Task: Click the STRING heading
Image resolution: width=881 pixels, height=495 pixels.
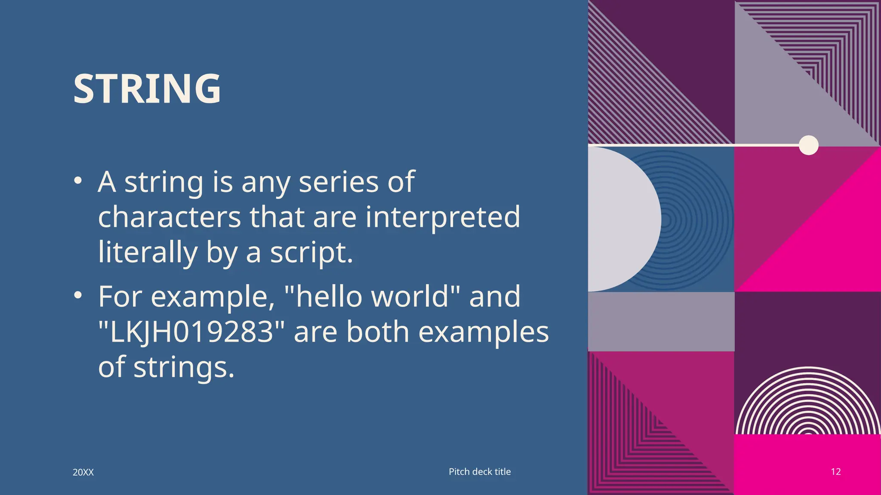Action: pyautogui.click(x=147, y=89)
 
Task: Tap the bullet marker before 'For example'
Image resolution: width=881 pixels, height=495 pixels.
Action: pyautogui.click(x=77, y=295)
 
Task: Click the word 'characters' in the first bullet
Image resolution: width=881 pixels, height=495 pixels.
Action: pyautogui.click(x=169, y=217)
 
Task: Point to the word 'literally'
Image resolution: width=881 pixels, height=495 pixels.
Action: pyautogui.click(x=148, y=253)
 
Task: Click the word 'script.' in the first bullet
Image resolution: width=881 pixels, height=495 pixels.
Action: pyautogui.click(x=311, y=254)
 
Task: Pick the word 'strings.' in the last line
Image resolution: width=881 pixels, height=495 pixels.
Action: pyautogui.click(x=184, y=368)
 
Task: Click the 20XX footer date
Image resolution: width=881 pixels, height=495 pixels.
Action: pyautogui.click(x=83, y=472)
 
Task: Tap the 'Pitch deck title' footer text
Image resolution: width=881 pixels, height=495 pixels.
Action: pyautogui.click(x=480, y=471)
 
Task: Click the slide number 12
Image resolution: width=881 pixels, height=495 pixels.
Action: pyautogui.click(x=835, y=472)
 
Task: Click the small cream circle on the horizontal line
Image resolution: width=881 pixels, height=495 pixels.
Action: pyautogui.click(x=808, y=145)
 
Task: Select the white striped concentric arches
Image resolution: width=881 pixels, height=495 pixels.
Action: pyautogui.click(x=808, y=404)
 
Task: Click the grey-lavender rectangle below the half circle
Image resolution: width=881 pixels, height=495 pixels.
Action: pyautogui.click(x=661, y=321)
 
